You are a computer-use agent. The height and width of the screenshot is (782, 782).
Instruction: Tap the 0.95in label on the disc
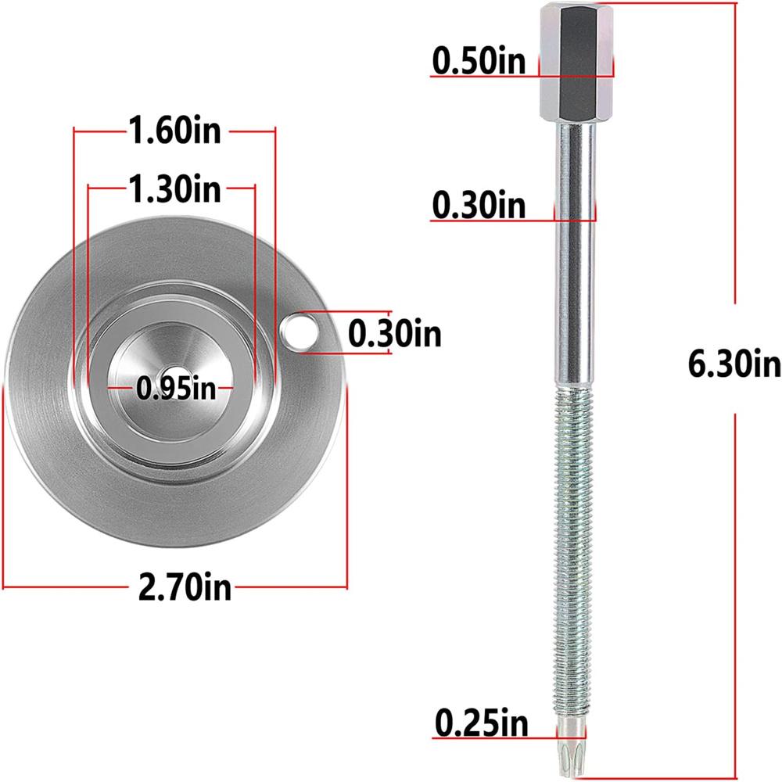175,387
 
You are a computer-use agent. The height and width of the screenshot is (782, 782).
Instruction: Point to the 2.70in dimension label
185,586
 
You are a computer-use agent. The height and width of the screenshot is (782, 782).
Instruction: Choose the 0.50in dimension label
479,60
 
